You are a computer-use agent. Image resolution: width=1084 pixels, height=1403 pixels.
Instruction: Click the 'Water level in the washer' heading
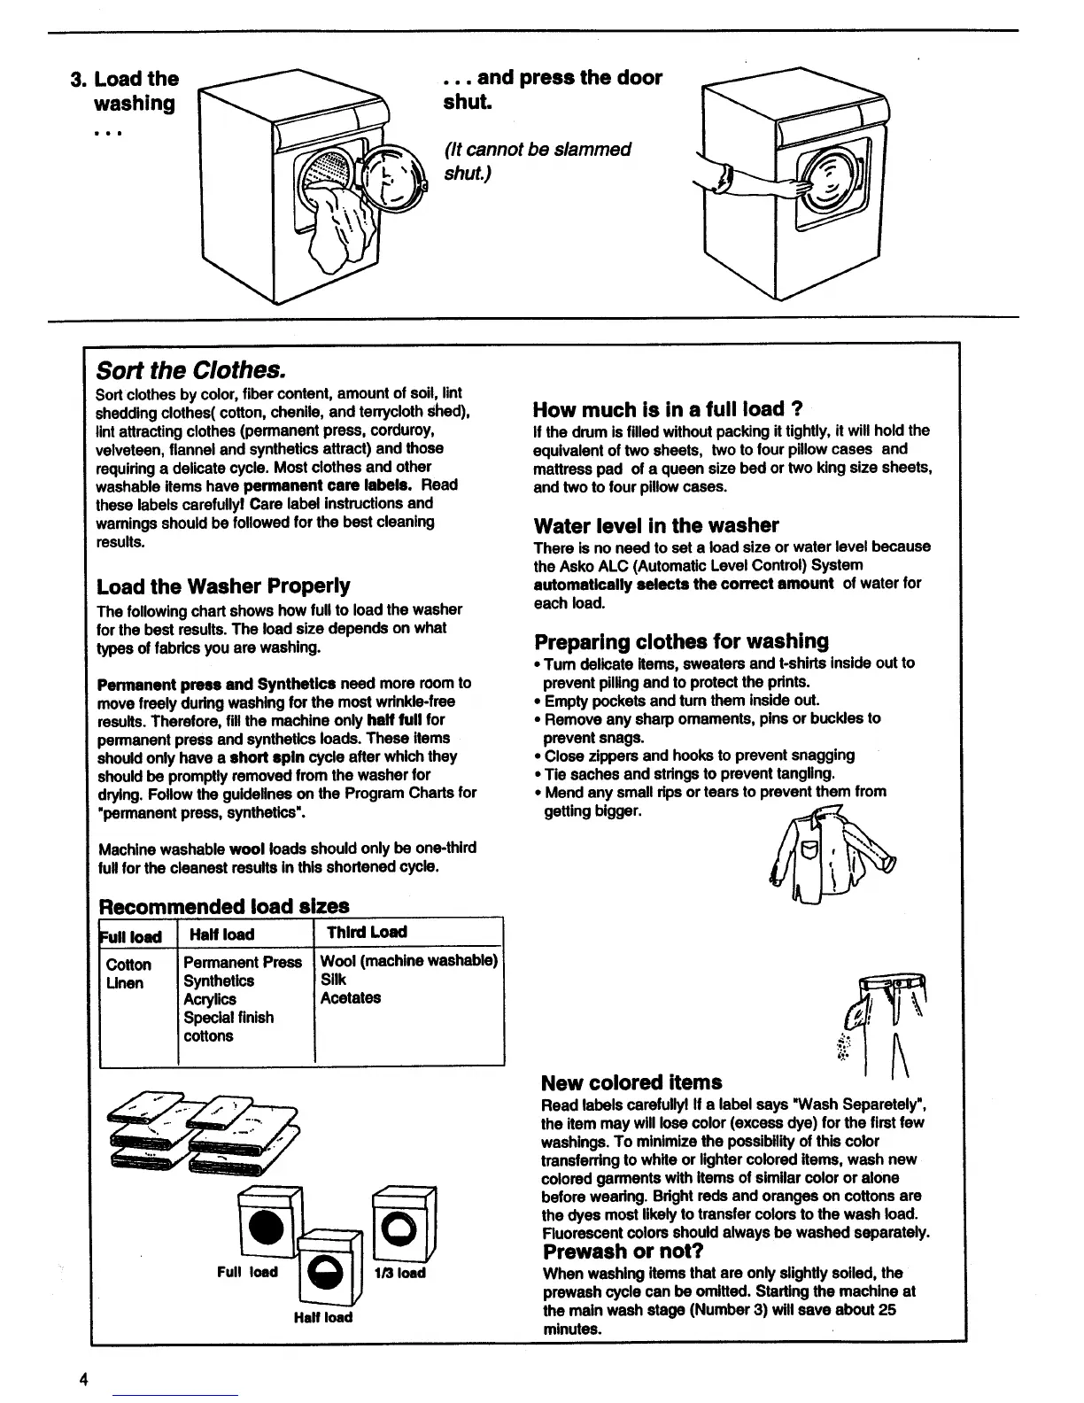tap(656, 525)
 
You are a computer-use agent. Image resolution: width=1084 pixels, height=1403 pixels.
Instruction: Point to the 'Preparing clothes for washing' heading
tap(681, 641)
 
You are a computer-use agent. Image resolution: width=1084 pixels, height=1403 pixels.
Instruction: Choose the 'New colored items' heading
tap(631, 1082)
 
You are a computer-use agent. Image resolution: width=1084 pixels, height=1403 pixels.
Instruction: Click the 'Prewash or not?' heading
tap(623, 1252)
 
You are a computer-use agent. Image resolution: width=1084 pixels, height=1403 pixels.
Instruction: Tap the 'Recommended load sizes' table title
tap(224, 906)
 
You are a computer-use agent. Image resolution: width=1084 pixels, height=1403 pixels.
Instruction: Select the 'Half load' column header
tap(221, 934)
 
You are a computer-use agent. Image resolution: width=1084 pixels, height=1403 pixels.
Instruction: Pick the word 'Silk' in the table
tap(333, 980)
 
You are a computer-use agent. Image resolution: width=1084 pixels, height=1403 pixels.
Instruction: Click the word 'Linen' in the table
tap(124, 983)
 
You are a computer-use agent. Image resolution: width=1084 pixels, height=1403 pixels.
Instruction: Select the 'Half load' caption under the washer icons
tap(322, 1317)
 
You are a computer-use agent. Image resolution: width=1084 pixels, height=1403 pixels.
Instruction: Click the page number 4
tap(83, 1379)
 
